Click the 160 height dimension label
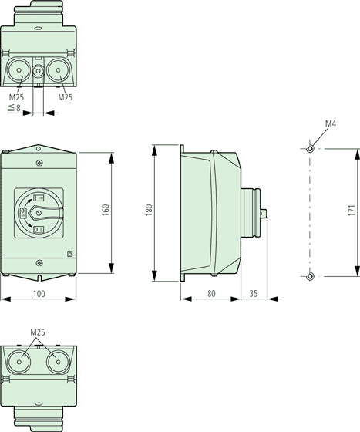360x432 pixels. pyautogui.click(x=106, y=210)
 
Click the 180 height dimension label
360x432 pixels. pyautogui.click(x=149, y=210)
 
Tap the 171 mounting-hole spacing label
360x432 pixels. pyautogui.click(x=352, y=210)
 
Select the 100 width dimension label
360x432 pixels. pyautogui.click(x=39, y=294)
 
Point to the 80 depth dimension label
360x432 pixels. pyautogui.click(x=211, y=293)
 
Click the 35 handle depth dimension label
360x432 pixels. pyautogui.click(x=254, y=293)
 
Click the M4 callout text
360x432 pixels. pyautogui.click(x=331, y=123)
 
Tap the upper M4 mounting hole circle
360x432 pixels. pyautogui.click(x=310, y=149)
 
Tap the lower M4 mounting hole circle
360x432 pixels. pyautogui.click(x=310, y=276)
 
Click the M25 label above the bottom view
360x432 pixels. pyautogui.click(x=38, y=332)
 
